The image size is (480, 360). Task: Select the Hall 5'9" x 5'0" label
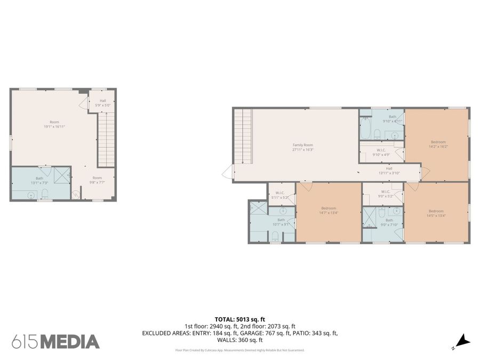pyautogui.click(x=102, y=103)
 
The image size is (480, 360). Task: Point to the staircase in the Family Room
pyautogui.click(x=243, y=136)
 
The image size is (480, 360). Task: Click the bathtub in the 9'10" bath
pyautogui.click(x=366, y=128)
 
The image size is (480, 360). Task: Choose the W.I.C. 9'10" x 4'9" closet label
pyautogui.click(x=381, y=153)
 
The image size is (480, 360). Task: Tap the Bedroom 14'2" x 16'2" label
pyautogui.click(x=438, y=144)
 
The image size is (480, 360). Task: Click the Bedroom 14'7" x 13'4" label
pyautogui.click(x=329, y=210)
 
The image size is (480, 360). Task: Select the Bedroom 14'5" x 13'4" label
pyautogui.click(x=436, y=213)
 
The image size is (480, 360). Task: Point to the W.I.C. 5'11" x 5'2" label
pyautogui.click(x=279, y=195)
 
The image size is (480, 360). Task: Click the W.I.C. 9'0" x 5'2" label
pyautogui.click(x=385, y=194)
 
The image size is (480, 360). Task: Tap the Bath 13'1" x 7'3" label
pyautogui.click(x=39, y=180)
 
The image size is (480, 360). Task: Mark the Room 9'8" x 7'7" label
pyautogui.click(x=97, y=180)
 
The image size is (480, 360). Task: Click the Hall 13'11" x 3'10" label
pyautogui.click(x=389, y=171)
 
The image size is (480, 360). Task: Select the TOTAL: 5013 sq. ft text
pyautogui.click(x=239, y=318)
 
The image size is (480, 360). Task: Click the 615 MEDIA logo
pyautogui.click(x=55, y=341)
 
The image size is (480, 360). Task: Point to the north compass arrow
pyautogui.click(x=462, y=340)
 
